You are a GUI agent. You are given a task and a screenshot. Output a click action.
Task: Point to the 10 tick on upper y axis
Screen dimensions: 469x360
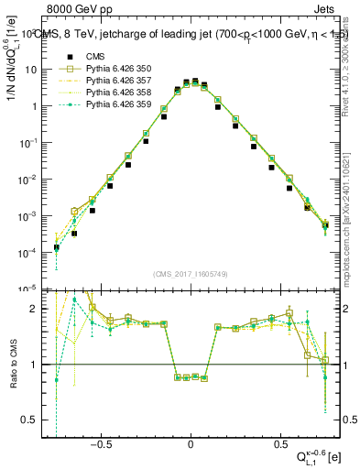point(34,70)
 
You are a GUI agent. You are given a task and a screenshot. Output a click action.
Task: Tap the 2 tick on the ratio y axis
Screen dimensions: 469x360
point(37,310)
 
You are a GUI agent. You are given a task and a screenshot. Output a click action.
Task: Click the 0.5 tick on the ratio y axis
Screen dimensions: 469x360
point(33,420)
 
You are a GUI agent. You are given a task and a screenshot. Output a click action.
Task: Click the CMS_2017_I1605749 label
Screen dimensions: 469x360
point(190,274)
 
